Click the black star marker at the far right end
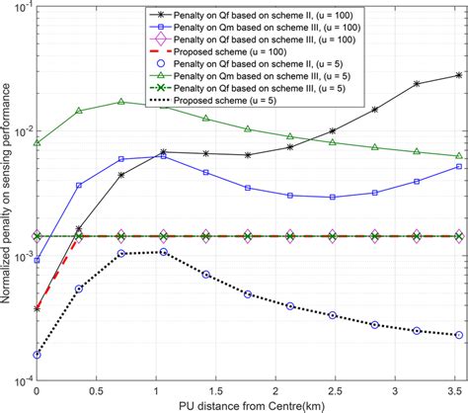click(458, 75)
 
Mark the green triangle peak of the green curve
click(120, 102)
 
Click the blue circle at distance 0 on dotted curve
click(37, 354)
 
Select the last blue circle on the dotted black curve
click(458, 335)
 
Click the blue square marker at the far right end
click(458, 167)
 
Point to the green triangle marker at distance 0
click(37, 142)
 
